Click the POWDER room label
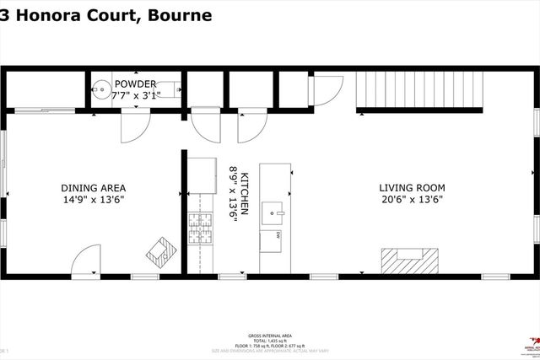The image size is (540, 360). pos(136,83)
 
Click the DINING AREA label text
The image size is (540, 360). pos(93,187)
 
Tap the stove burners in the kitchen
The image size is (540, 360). pos(199,228)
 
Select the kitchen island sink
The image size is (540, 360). pos(273,209)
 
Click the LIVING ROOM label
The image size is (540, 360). pos(411,187)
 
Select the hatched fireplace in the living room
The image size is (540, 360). pos(411,258)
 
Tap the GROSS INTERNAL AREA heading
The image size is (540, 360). pos(270,335)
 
